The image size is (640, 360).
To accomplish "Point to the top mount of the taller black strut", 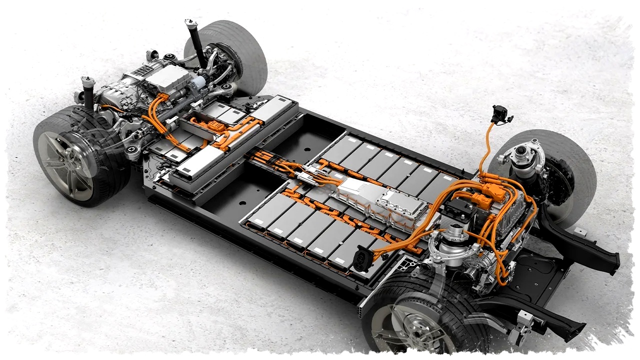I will pyautogui.click(x=190, y=23).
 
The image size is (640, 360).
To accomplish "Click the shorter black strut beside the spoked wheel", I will pyautogui.click(x=89, y=93).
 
